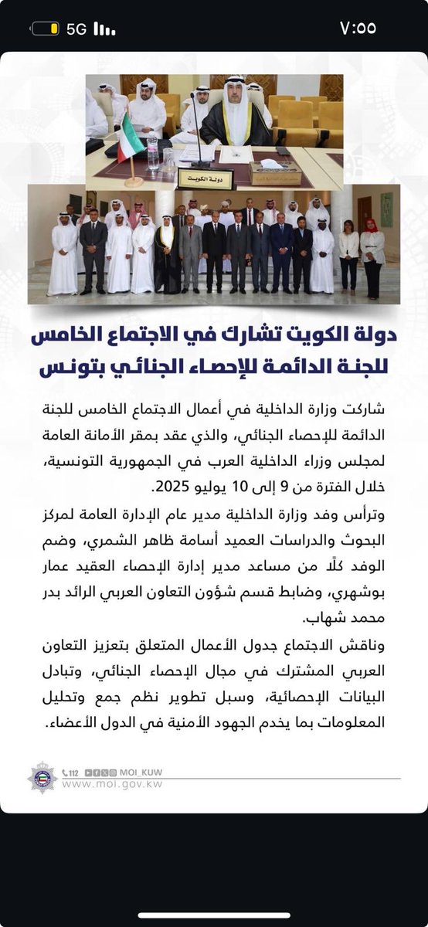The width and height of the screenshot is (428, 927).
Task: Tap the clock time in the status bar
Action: [358, 29]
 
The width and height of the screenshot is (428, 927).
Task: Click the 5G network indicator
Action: [76, 29]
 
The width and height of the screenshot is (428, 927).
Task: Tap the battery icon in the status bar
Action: [45, 29]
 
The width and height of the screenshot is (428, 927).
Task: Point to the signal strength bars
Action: [104, 29]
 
